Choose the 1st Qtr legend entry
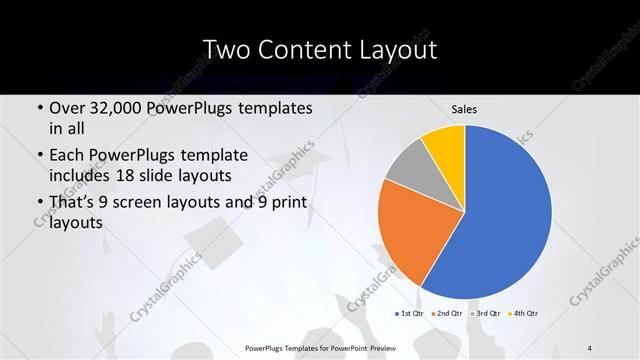[x=410, y=314]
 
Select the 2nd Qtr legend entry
[x=447, y=314]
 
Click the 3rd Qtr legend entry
[x=484, y=314]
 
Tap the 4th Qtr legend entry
[x=522, y=314]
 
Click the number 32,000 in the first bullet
[x=117, y=108]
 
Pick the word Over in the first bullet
[x=67, y=108]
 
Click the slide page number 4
[x=590, y=346]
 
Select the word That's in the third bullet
[x=73, y=203]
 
